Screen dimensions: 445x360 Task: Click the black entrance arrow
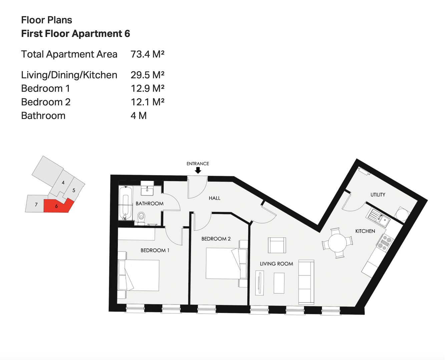(198, 171)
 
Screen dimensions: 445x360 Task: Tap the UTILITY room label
(378, 195)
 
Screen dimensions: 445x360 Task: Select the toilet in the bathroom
(141, 218)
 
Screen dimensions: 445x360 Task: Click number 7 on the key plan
(36, 205)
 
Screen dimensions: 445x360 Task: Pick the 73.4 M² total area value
(147, 54)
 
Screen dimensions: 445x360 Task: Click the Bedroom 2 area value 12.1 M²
(147, 102)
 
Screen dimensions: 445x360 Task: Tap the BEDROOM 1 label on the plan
(155, 250)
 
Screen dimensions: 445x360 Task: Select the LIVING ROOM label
(277, 264)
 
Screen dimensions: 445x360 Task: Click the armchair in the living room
(277, 245)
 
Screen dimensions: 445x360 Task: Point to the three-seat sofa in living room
(306, 282)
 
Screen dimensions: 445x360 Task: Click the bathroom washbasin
(147, 189)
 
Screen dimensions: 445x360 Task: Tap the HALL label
(214, 198)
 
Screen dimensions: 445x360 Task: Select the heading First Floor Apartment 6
(76, 34)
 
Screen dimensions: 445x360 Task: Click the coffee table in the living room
(279, 283)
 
